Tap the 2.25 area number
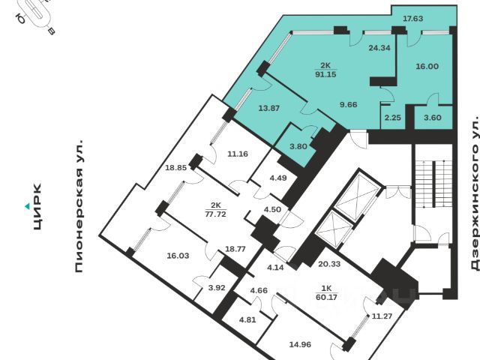(x=393, y=117)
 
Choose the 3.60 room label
(x=433, y=117)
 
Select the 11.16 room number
(x=238, y=154)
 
